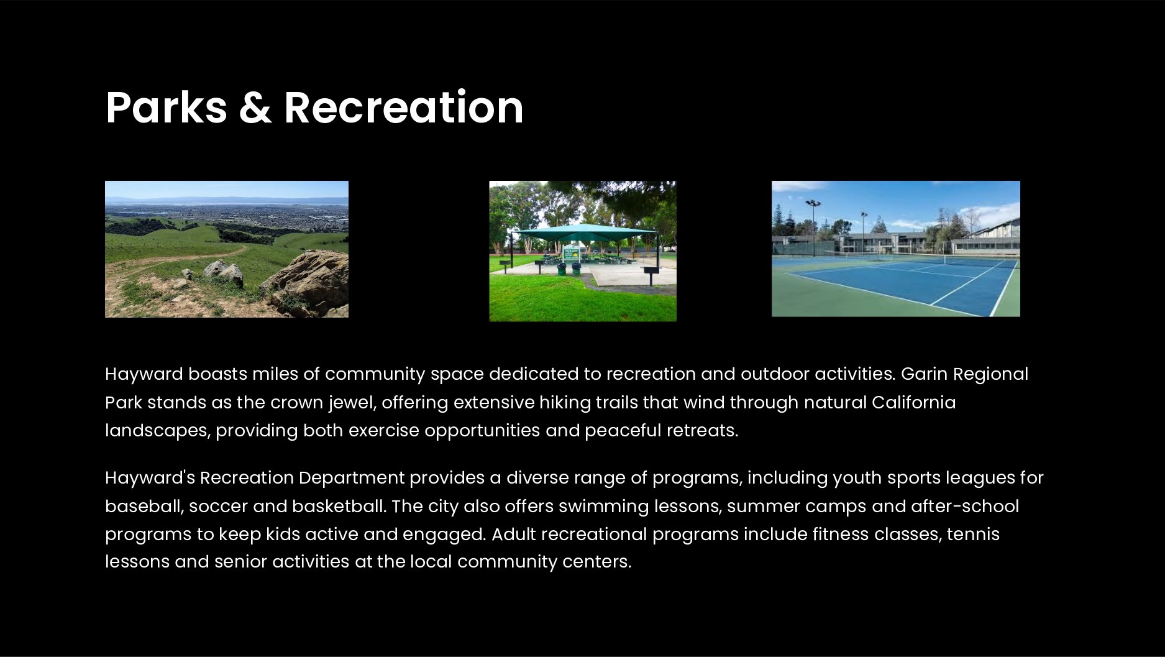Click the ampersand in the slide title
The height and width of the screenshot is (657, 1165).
[x=255, y=108]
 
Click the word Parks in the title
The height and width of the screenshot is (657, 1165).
[x=167, y=108]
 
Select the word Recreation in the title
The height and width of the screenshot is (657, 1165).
[x=404, y=107]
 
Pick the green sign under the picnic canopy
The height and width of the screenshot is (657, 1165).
[x=571, y=254]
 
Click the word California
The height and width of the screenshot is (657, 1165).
[x=913, y=403]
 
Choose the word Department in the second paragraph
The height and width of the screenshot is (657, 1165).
[x=352, y=478]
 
